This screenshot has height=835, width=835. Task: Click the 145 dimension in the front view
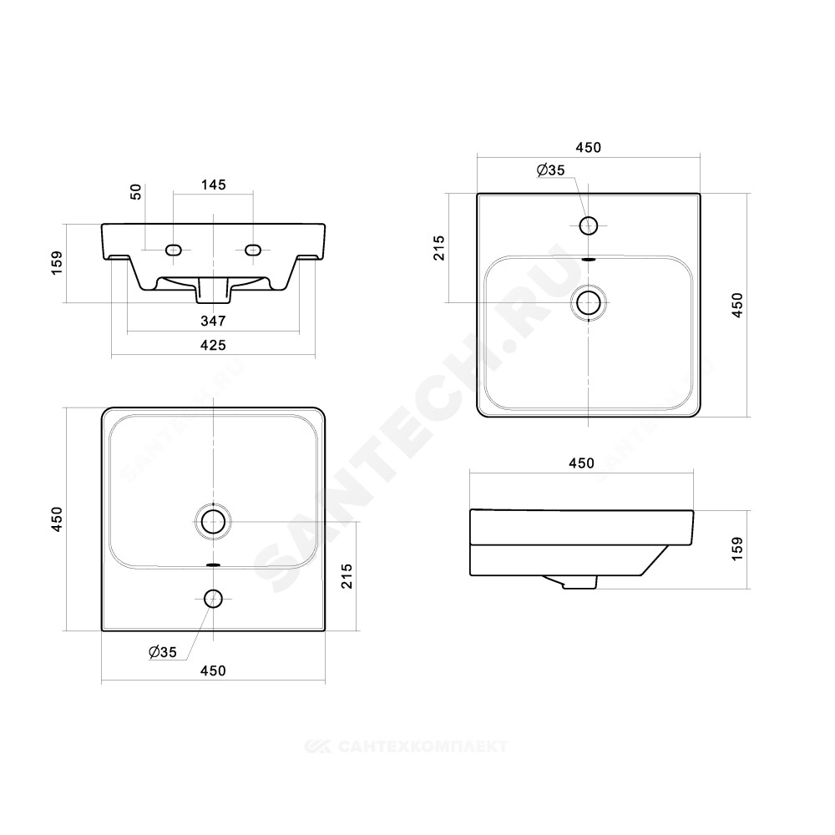[x=214, y=185]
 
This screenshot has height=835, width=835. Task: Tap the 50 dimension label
[x=136, y=192]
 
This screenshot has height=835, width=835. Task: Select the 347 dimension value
[x=213, y=321]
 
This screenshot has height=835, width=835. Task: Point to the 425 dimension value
[x=213, y=345]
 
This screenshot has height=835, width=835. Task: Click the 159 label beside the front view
[x=57, y=262]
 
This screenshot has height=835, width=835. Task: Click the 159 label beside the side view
[x=737, y=549]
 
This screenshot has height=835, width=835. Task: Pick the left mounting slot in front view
[x=175, y=249]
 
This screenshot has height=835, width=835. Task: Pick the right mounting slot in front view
[x=252, y=249]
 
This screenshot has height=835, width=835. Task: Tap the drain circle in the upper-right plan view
[x=589, y=303]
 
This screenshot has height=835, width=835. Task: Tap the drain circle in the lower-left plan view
[x=213, y=521]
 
